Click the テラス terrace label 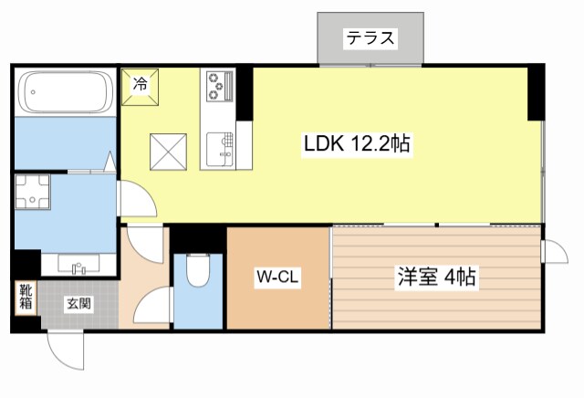click(370, 38)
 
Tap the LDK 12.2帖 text click(355, 143)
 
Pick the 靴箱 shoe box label click(26, 298)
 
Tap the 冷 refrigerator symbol click(141, 85)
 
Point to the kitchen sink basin click(218, 147)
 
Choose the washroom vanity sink click(78, 266)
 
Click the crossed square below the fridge click(168, 150)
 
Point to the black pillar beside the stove click(244, 92)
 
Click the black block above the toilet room click(198, 237)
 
